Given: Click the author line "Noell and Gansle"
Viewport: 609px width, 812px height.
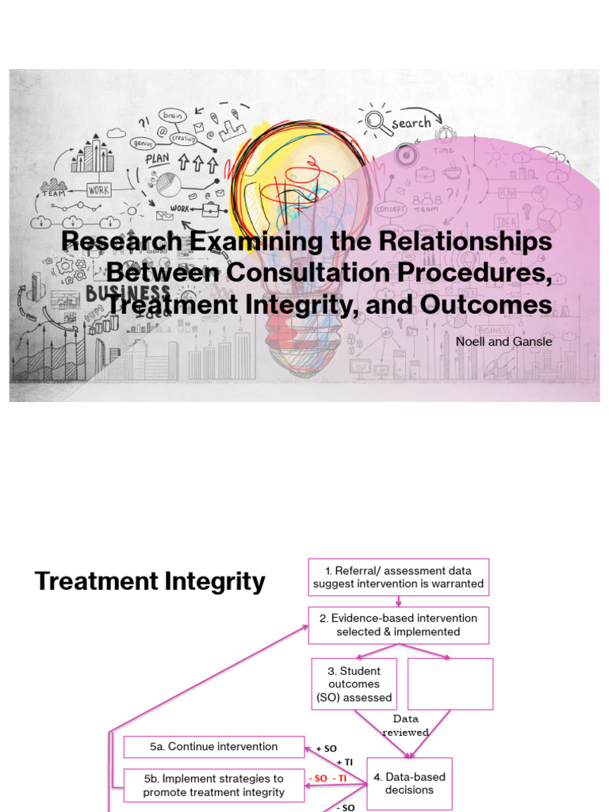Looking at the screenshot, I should point(504,341).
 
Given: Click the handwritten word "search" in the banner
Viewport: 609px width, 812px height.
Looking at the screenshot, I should point(410,123).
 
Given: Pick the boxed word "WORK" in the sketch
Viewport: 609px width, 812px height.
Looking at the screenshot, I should point(99,190).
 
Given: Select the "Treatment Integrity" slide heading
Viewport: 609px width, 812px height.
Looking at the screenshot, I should point(150,581).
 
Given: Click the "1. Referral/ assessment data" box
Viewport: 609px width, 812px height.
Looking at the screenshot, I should point(398,577).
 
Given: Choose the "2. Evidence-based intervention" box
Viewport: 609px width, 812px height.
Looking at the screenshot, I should point(398,625).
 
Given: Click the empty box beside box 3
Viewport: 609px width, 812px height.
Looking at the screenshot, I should point(450,684).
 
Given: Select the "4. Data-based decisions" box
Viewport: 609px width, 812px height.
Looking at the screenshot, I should point(409,783).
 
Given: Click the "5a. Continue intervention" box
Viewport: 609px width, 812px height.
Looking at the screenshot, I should point(214,747).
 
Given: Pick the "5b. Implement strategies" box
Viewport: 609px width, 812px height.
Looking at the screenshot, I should point(214,785).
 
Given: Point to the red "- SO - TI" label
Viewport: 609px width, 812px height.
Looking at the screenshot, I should point(330,779).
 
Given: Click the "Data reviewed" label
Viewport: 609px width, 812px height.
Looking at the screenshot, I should point(405,726).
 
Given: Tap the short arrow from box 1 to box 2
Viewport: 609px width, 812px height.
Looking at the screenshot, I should point(398,602).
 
